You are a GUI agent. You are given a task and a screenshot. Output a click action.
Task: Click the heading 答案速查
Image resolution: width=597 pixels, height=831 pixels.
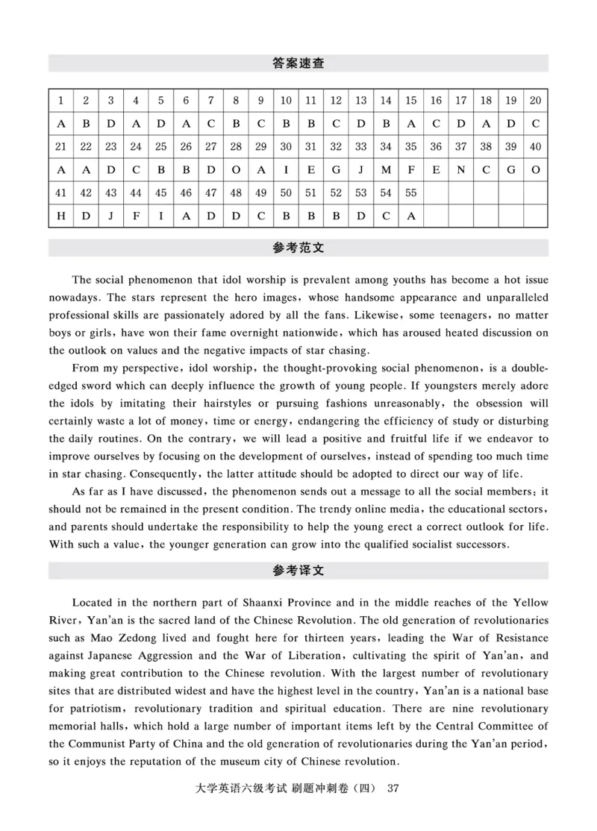click(298, 64)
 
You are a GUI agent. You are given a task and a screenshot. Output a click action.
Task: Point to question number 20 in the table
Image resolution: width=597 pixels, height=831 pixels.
click(536, 101)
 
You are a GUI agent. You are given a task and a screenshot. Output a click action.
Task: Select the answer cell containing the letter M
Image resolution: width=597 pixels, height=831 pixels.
click(386, 169)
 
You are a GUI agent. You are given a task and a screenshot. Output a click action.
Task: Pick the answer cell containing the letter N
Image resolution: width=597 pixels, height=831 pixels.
click(461, 169)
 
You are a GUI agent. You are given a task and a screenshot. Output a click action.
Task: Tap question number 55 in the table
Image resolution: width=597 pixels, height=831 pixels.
click(411, 192)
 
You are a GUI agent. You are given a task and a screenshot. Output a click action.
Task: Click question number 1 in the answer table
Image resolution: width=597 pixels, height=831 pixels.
click(60, 101)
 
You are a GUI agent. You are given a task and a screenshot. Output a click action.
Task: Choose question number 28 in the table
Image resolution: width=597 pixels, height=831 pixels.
click(236, 147)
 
